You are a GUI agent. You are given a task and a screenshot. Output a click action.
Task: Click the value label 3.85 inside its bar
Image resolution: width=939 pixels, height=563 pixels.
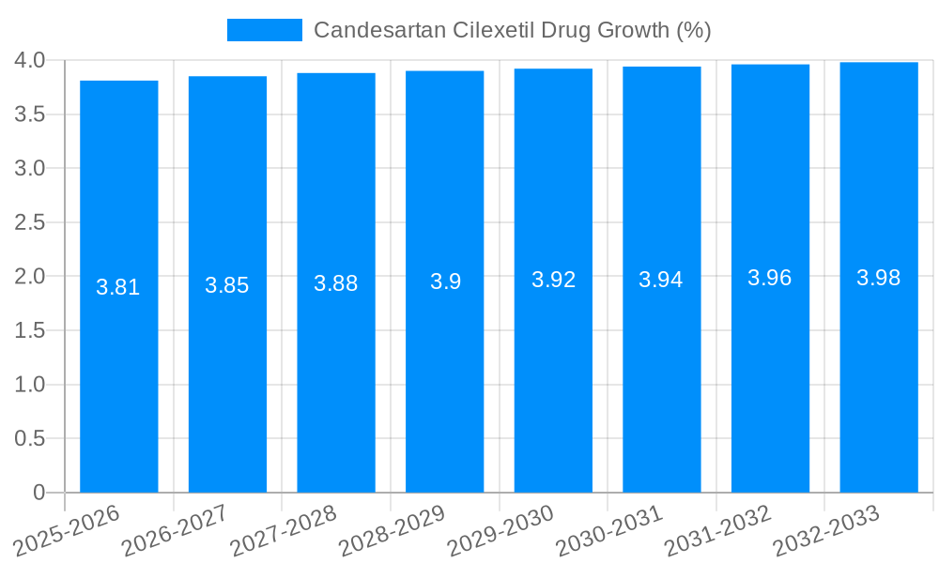(227, 286)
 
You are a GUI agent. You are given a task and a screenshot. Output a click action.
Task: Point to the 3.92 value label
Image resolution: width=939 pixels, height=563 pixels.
(553, 280)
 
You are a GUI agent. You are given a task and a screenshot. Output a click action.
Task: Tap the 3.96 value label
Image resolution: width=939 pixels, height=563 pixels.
(770, 278)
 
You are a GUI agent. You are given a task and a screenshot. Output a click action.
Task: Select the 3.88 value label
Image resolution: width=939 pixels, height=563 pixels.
(336, 283)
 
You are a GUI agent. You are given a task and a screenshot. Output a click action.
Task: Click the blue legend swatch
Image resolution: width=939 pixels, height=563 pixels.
(264, 30)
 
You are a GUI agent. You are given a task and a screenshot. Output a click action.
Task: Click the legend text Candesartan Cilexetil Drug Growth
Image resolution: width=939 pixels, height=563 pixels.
(512, 30)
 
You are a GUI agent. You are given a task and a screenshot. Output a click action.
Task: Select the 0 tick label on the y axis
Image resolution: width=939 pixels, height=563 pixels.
(38, 493)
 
